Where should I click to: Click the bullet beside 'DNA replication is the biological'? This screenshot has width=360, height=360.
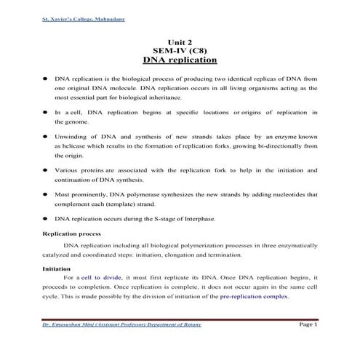46,76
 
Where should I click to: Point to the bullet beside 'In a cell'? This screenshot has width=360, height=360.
46,112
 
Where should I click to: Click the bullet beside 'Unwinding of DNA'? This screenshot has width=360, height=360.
46,136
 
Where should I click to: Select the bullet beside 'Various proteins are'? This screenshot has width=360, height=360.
46,170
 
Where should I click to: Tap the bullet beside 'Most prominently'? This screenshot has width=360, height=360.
46,195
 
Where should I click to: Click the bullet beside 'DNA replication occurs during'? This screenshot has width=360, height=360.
46,218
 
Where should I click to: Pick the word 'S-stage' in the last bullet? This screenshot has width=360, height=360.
158,218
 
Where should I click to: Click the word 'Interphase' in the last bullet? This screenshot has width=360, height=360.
197,218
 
